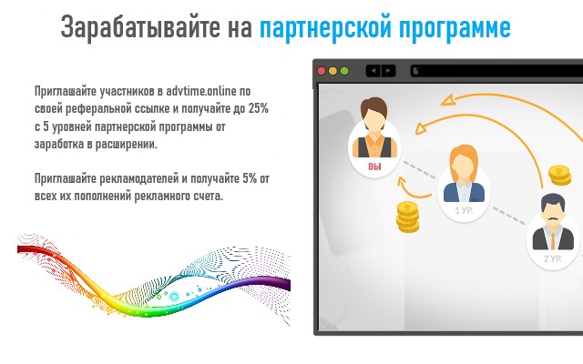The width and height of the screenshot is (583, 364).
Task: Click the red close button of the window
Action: tap(321, 70)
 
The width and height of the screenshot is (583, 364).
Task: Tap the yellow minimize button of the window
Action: tap(332, 70)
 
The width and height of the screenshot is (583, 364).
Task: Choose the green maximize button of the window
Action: tap(344, 70)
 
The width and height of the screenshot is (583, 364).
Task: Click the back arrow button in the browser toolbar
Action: tap(372, 70)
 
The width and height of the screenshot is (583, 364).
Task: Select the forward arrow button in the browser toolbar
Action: tap(388, 70)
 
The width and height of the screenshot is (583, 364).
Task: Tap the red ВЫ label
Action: tap(374, 167)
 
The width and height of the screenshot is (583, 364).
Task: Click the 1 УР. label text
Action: tap(463, 210)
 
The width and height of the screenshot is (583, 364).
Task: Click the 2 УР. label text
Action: tap(552, 259)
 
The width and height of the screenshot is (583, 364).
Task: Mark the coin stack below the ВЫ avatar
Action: tap(405, 217)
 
